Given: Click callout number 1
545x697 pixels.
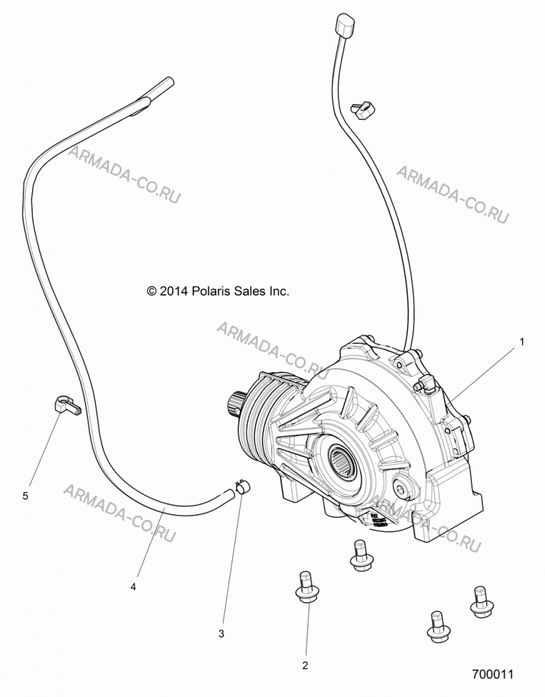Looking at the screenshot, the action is point(522,342).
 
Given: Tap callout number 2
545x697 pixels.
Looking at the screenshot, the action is point(305,666).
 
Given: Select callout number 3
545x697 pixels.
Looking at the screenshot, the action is point(221,634).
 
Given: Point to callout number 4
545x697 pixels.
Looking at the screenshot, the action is point(133,587).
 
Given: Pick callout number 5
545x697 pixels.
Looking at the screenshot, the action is point(25,496).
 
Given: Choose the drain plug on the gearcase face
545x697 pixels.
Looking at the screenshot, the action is point(401,489).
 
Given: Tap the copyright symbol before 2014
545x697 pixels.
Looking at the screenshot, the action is point(152,291).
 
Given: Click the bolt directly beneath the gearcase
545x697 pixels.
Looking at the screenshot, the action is point(361,556).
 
